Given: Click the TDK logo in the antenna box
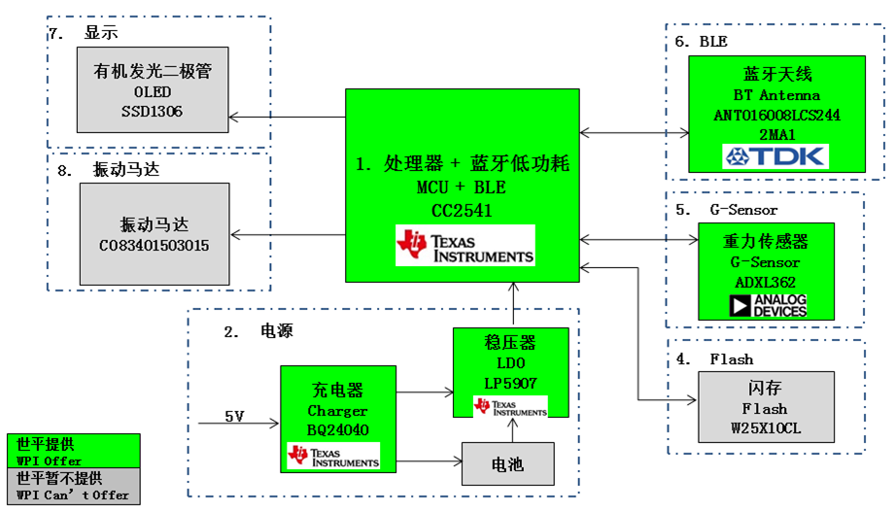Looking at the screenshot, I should [774, 155].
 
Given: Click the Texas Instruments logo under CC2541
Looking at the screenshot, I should [464, 246].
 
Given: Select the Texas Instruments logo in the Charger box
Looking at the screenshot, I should [332, 456].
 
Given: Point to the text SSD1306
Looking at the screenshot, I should [152, 112].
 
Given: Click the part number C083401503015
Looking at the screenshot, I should [154, 246].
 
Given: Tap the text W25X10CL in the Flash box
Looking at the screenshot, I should [765, 427].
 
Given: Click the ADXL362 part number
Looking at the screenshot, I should [765, 281].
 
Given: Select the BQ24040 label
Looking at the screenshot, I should [337, 430].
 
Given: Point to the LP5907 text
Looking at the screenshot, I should [509, 383].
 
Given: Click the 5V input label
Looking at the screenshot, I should [235, 417].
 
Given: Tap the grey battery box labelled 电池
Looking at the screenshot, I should [508, 465].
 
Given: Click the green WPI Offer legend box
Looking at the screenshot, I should [72, 452].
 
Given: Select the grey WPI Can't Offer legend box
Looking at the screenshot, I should [72, 486].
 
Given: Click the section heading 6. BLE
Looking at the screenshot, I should [701, 42].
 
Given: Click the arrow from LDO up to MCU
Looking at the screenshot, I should [509, 304].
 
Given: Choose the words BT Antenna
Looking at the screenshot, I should [775, 95].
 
